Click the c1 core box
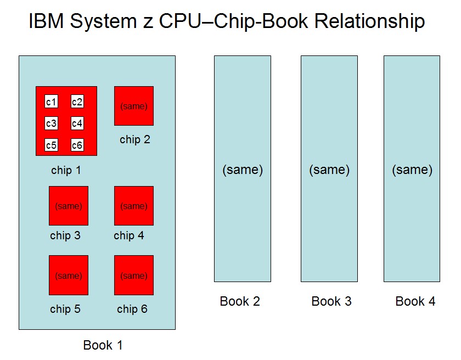click(51, 102)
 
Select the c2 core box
click(77, 102)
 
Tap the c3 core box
click(51, 123)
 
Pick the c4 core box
click(77, 123)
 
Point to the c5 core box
click(51, 145)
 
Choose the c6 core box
click(77, 145)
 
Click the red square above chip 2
click(134, 106)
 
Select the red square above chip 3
click(69, 206)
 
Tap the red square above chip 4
click(134, 206)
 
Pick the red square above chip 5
click(69, 275)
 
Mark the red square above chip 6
click(134, 275)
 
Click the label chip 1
click(66, 171)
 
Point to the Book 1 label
click(103, 345)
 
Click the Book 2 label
click(240, 301)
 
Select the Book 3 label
click(331, 301)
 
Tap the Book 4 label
click(415, 301)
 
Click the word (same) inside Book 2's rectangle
click(243, 170)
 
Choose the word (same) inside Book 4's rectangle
click(412, 170)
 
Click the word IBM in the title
click(47, 21)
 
